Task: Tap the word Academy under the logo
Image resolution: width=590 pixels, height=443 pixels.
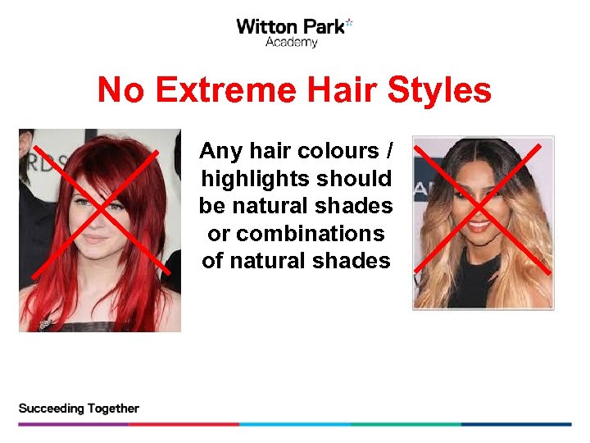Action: coord(291,43)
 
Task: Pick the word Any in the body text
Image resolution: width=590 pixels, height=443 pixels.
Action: coord(217,151)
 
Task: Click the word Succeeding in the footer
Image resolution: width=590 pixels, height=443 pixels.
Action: coord(50,409)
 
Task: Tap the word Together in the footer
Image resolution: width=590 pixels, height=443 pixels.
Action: coord(111,409)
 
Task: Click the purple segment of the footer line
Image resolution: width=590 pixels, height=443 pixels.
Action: coord(73,424)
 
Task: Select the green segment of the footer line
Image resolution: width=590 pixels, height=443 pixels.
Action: coord(406,424)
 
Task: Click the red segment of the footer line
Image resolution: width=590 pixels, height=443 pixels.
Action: coord(184,424)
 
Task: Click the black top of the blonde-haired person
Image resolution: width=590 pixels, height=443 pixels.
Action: coord(479,287)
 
